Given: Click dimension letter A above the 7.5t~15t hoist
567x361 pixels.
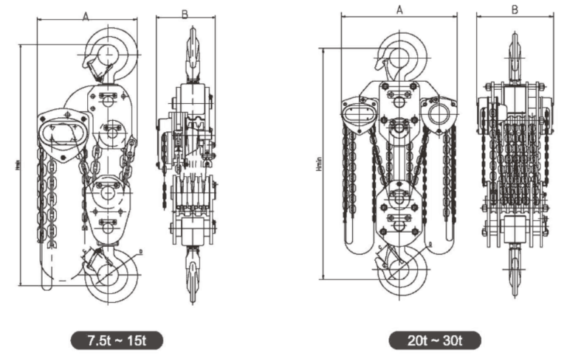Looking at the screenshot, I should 86,16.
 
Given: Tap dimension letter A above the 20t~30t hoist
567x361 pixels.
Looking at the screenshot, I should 399,10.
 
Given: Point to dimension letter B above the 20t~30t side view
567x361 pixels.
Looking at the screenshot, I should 515,10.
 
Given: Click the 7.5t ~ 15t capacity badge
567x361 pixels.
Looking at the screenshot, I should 116,340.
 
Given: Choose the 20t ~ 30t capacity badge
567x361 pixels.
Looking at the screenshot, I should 436,340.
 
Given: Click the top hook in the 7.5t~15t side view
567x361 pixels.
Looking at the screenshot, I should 192,52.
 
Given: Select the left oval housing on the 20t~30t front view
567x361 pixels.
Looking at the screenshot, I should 360,114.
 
